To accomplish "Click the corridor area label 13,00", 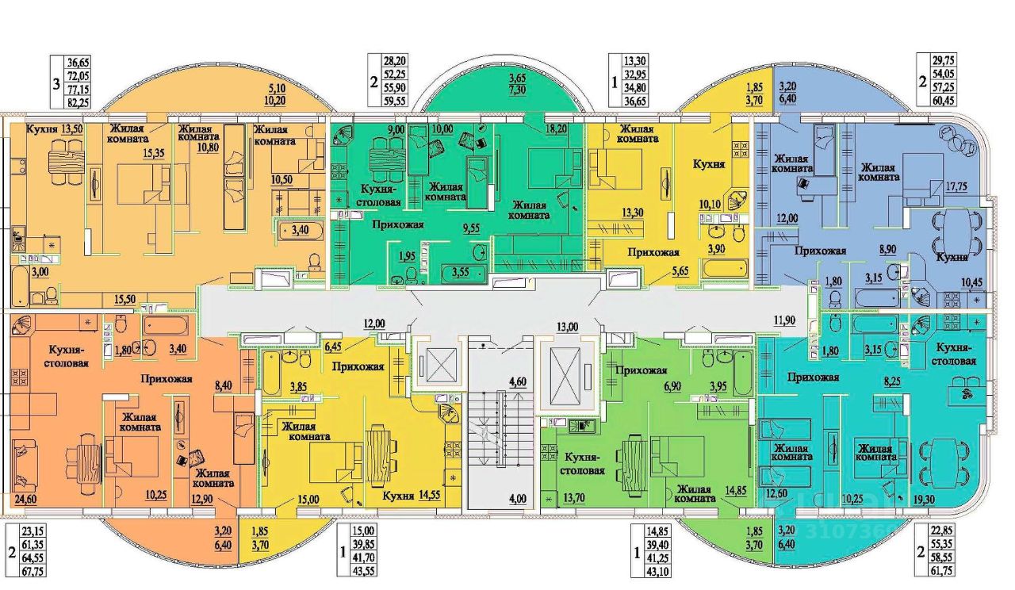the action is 569,324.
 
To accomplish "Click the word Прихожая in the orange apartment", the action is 167,378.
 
